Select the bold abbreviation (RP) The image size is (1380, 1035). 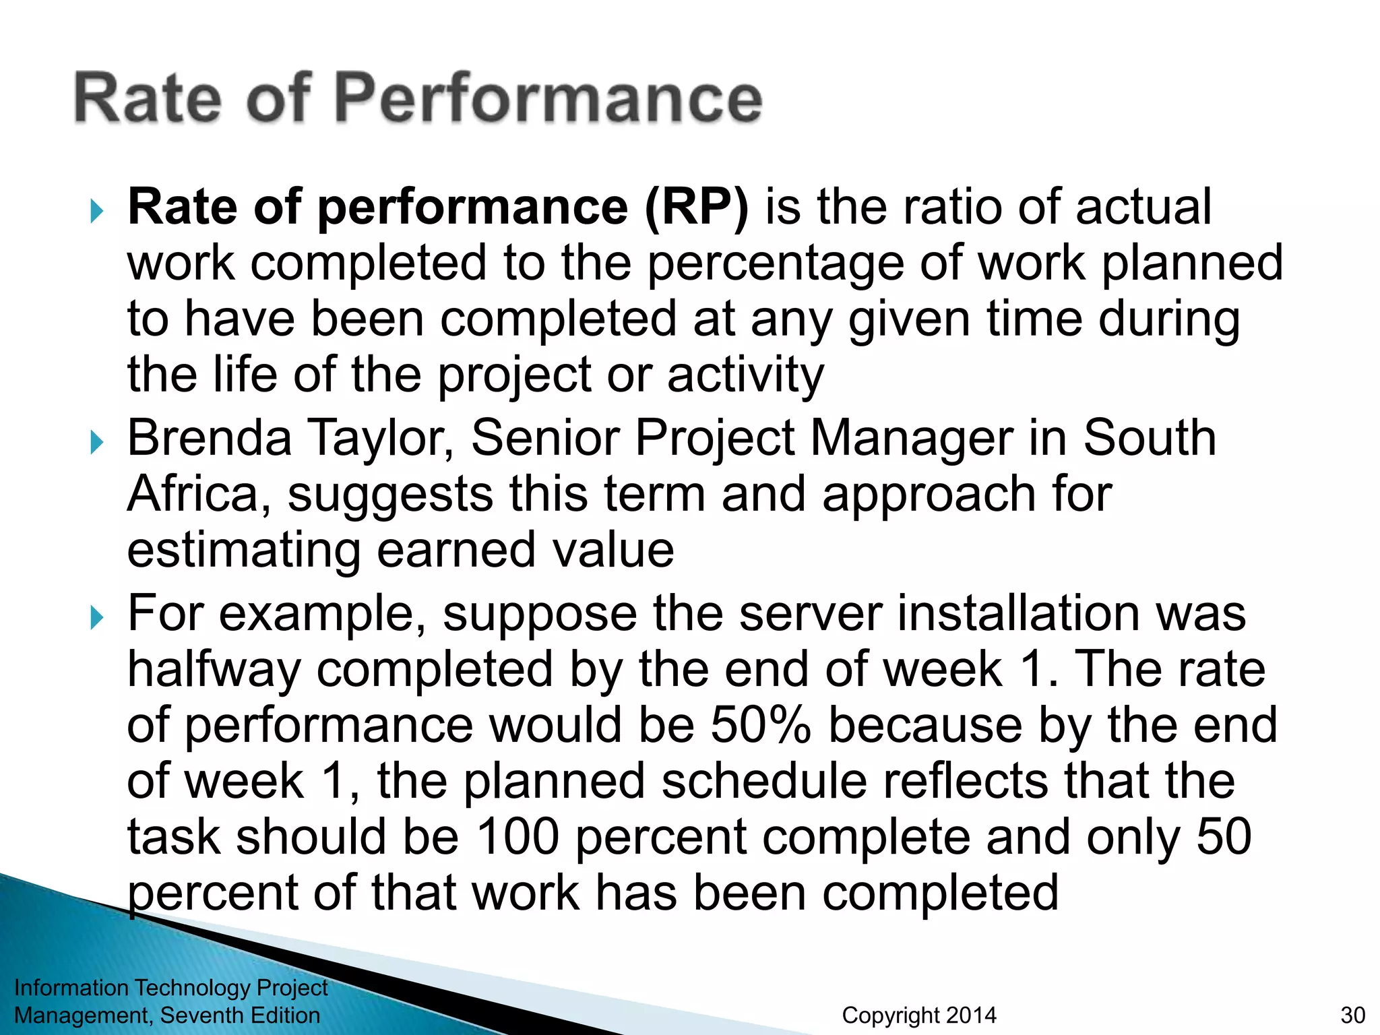tap(696, 207)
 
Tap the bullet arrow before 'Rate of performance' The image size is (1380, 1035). tap(97, 212)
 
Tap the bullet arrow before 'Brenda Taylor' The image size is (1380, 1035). tap(97, 443)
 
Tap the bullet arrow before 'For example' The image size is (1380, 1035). tap(97, 618)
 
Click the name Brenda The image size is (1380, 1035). tap(210, 438)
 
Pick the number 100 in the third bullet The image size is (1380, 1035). tap(517, 837)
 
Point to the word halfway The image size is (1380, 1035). tap(214, 671)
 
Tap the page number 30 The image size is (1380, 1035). tap(1352, 1015)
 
